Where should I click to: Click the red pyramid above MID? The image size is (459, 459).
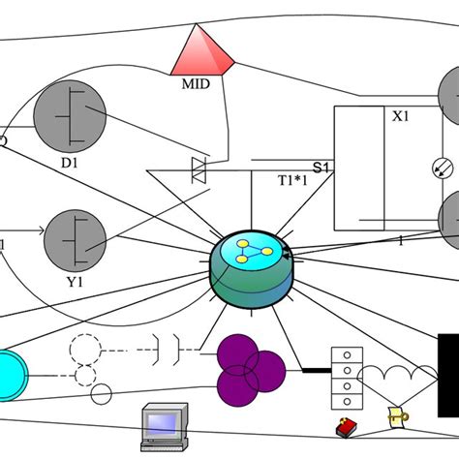202,52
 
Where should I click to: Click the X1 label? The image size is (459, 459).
401,115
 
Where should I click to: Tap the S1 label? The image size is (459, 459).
321,167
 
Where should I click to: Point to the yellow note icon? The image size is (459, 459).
396,416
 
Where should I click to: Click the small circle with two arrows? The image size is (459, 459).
440,168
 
